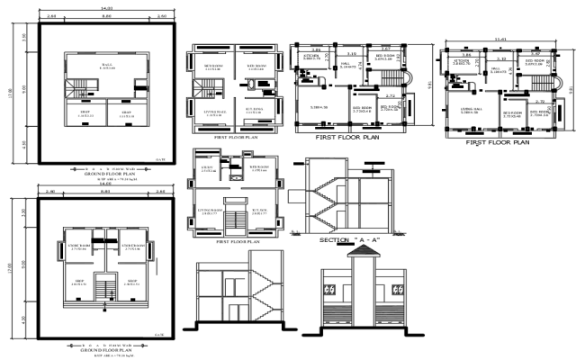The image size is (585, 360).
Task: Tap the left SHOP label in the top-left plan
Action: tap(86, 114)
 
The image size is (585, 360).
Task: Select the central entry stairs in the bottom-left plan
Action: tap(108, 288)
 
